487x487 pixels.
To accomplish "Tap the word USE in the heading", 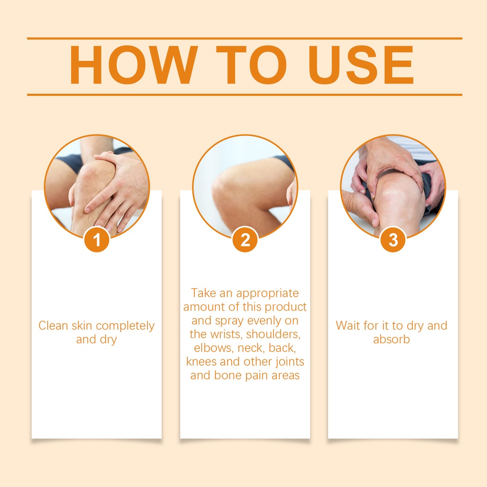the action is [x=361, y=65].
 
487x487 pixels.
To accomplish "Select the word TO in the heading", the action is [x=251, y=65].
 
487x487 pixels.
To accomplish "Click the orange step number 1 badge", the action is [x=97, y=240].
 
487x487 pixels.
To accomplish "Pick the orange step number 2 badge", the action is [x=245, y=240].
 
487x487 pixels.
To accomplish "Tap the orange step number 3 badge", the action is [x=393, y=240].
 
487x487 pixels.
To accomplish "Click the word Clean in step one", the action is [x=53, y=325].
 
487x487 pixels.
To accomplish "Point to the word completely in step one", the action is [x=125, y=326].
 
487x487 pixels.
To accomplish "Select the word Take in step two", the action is [x=203, y=293].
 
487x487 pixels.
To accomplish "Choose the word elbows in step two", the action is [x=214, y=348].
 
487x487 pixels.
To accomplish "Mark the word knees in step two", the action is [x=201, y=361].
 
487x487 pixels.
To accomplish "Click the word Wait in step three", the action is [x=348, y=325].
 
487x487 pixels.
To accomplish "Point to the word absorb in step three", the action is [x=391, y=339].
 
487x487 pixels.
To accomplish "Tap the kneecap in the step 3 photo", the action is [x=394, y=193].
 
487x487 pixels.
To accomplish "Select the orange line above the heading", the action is [x=245, y=39].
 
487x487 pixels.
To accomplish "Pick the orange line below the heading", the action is [x=245, y=95].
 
